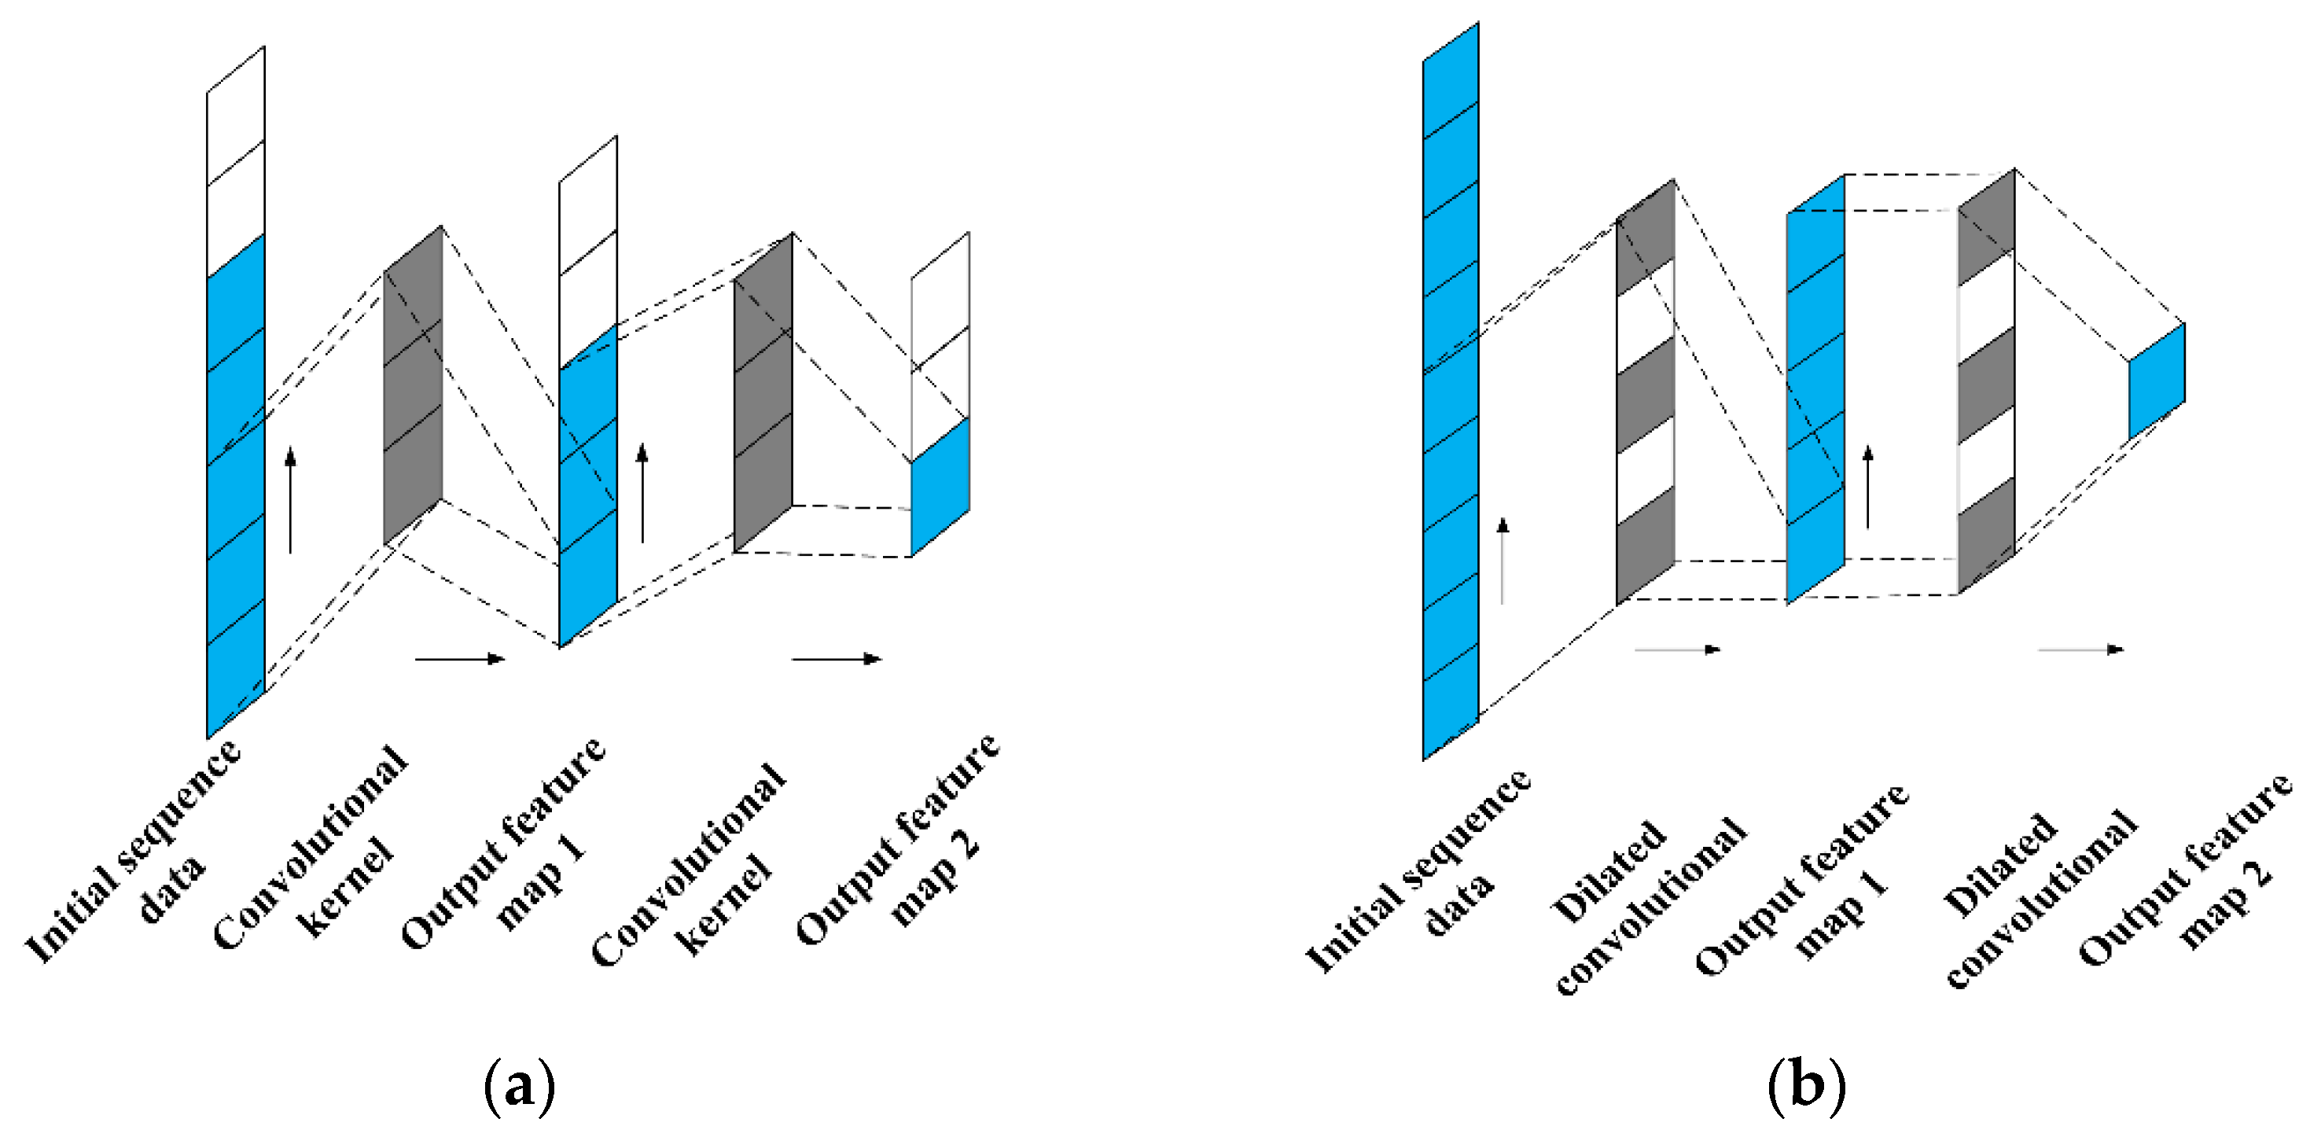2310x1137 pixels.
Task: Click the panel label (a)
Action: (519, 1087)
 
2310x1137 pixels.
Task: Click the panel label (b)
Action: (1806, 1086)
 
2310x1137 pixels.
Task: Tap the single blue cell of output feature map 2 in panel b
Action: (2157, 381)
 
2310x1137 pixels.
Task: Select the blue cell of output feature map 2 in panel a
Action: (940, 487)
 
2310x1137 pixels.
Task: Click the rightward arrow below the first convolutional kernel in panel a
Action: (460, 659)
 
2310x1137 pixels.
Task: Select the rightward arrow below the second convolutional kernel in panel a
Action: (837, 659)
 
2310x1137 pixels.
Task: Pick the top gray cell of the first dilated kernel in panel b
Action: (1645, 237)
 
